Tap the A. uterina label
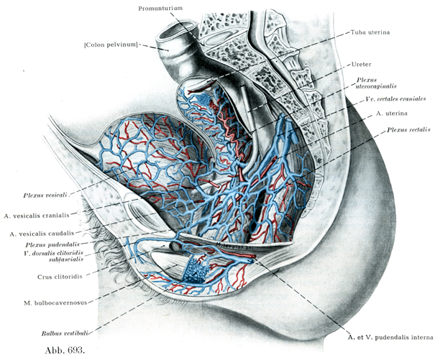pyautogui.click(x=393, y=114)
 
